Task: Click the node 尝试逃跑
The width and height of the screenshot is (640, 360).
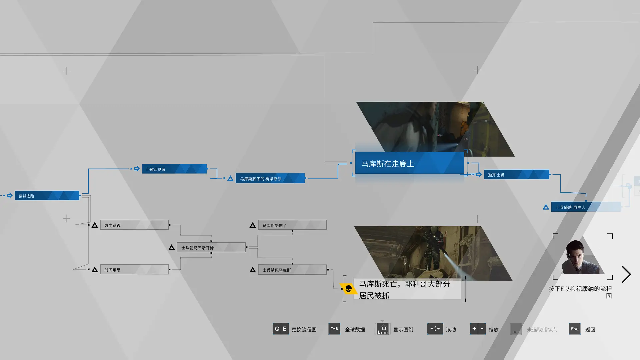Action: click(x=47, y=196)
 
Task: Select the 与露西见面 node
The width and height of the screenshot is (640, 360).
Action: click(x=174, y=169)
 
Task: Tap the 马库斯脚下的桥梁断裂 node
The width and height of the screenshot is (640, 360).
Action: click(x=270, y=178)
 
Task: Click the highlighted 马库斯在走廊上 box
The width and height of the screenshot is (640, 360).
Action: click(x=409, y=163)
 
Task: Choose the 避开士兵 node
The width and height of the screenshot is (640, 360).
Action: click(x=516, y=175)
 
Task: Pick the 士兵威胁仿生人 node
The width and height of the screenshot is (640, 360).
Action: click(x=586, y=207)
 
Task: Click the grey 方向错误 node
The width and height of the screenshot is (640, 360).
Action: click(x=134, y=225)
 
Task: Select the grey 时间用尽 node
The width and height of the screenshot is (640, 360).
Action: click(x=134, y=270)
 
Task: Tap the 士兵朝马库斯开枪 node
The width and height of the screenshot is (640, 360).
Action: click(x=211, y=247)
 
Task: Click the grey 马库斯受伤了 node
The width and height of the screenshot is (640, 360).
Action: click(x=292, y=225)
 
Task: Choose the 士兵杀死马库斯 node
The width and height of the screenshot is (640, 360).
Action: click(x=292, y=270)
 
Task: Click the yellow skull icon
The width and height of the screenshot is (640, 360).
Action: click(x=348, y=289)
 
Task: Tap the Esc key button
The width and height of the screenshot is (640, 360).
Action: click(x=575, y=329)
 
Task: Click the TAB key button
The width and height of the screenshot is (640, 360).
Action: click(x=334, y=329)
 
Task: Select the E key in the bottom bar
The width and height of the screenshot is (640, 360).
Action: click(x=285, y=329)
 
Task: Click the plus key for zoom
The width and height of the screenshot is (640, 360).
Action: click(x=474, y=329)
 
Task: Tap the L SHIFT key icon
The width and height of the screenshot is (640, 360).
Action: click(x=383, y=329)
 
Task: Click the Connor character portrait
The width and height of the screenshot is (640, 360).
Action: click(x=583, y=257)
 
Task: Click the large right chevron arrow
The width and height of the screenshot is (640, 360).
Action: click(x=627, y=274)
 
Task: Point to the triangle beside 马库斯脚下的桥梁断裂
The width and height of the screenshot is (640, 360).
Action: click(x=230, y=179)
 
